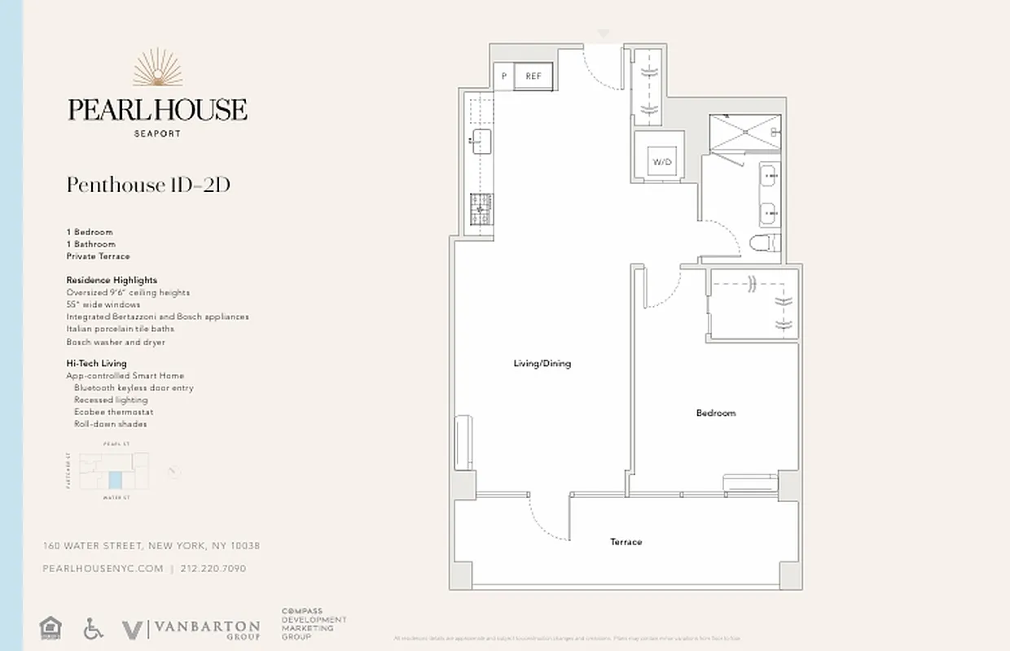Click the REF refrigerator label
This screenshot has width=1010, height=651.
534,76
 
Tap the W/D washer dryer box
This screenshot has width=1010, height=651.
661,162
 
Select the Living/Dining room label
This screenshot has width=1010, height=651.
542,364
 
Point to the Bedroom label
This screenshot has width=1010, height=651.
715,413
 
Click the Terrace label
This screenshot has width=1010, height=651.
626,542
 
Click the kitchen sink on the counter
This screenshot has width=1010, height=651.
480,141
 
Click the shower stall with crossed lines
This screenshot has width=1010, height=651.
744,133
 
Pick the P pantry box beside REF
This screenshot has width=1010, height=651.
504,76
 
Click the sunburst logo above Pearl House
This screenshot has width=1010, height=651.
156,69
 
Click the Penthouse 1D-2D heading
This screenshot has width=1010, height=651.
148,186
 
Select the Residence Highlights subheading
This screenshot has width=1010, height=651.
112,280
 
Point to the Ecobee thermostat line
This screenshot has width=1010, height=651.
113,412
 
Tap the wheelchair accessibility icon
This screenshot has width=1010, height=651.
92,627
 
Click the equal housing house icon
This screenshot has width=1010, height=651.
50,627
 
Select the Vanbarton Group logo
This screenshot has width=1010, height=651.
191,629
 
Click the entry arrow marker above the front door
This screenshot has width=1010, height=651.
602,34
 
